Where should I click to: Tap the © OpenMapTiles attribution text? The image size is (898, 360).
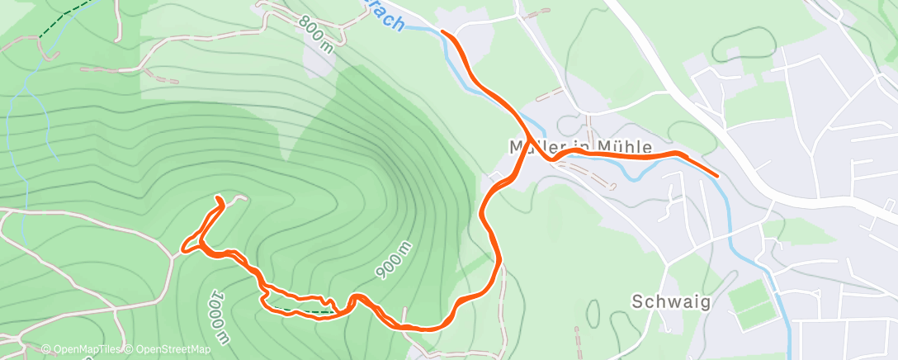(81, 350)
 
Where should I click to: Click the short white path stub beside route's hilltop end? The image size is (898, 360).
(238, 198)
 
